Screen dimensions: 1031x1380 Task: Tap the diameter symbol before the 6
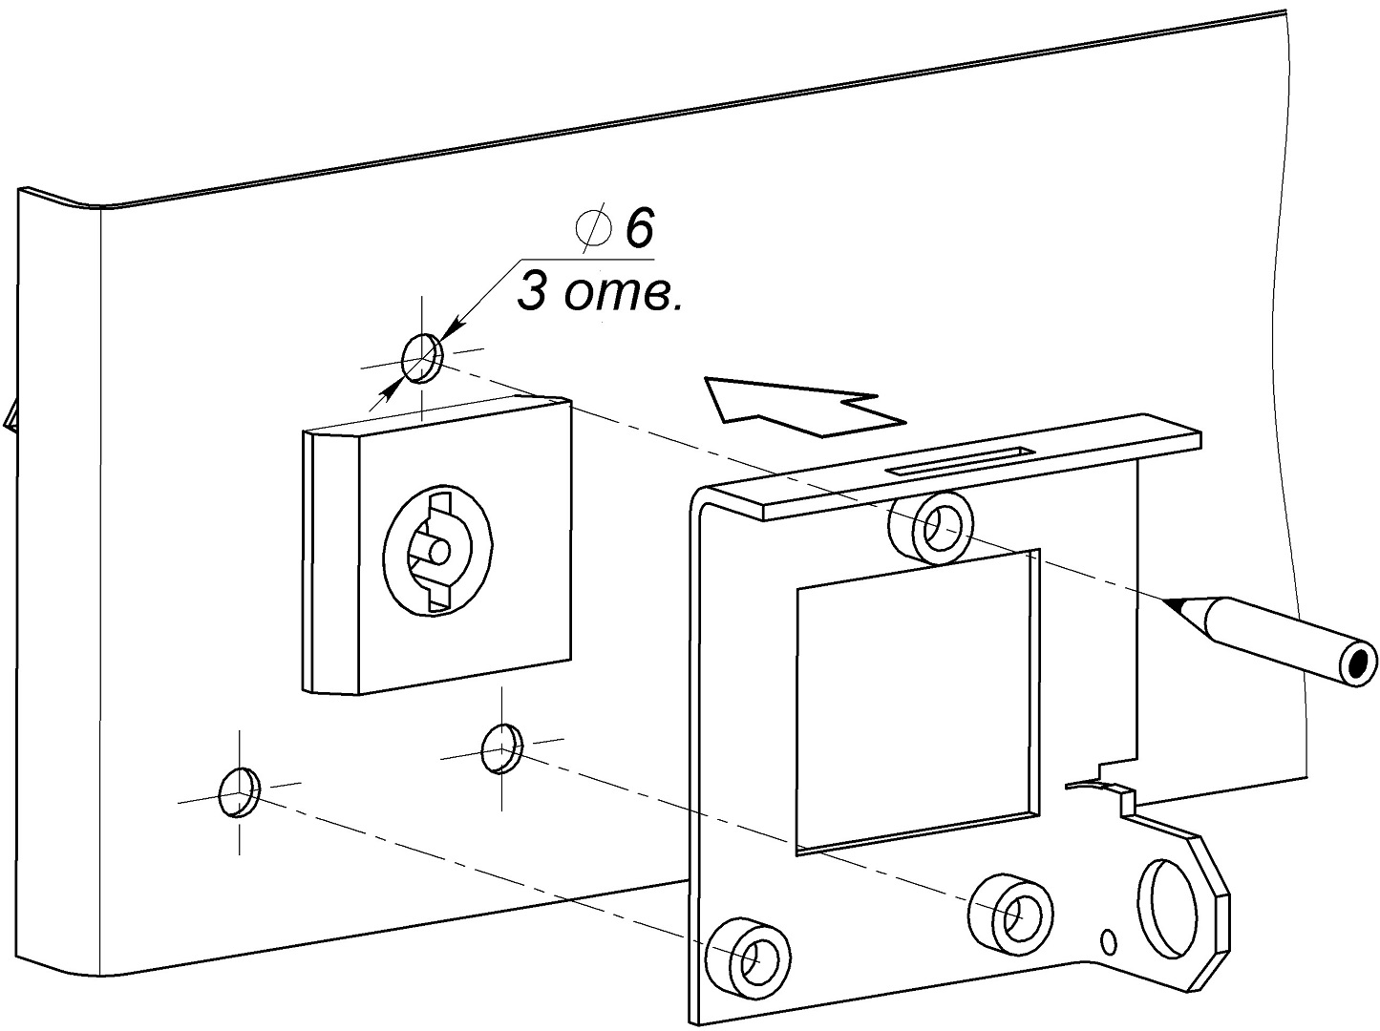pyautogui.click(x=592, y=229)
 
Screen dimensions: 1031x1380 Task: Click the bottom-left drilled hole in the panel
pyautogui.click(x=239, y=792)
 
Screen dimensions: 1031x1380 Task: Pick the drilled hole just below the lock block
pyautogui.click(x=502, y=747)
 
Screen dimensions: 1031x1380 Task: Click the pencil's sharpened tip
pyautogui.click(x=1177, y=603)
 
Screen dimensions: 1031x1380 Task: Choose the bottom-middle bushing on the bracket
pyautogui.click(x=1012, y=910)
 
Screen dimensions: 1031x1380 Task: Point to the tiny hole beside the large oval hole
pyautogui.click(x=1109, y=941)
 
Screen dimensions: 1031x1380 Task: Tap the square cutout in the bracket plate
pyautogui.click(x=912, y=702)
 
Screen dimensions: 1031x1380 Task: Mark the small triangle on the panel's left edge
pyautogui.click(x=10, y=416)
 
